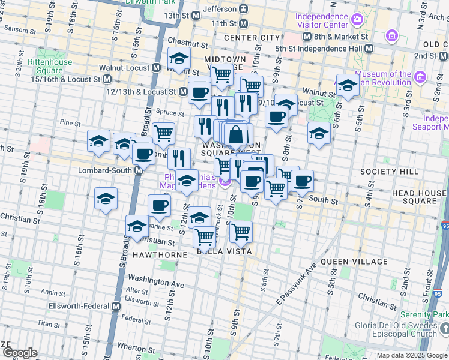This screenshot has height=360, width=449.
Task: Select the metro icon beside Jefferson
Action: (244, 10)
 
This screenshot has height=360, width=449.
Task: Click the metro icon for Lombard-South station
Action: (139, 170)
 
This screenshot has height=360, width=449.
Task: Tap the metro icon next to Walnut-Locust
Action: (155, 67)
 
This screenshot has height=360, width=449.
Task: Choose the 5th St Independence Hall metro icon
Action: (369, 48)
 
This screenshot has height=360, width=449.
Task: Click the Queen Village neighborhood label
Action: (354, 262)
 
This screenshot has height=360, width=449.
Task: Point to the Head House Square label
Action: (420, 198)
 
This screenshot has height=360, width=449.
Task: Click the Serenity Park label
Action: (424, 315)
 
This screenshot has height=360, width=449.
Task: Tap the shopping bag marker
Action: (236, 135)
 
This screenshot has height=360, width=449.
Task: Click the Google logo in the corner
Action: (19, 353)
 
